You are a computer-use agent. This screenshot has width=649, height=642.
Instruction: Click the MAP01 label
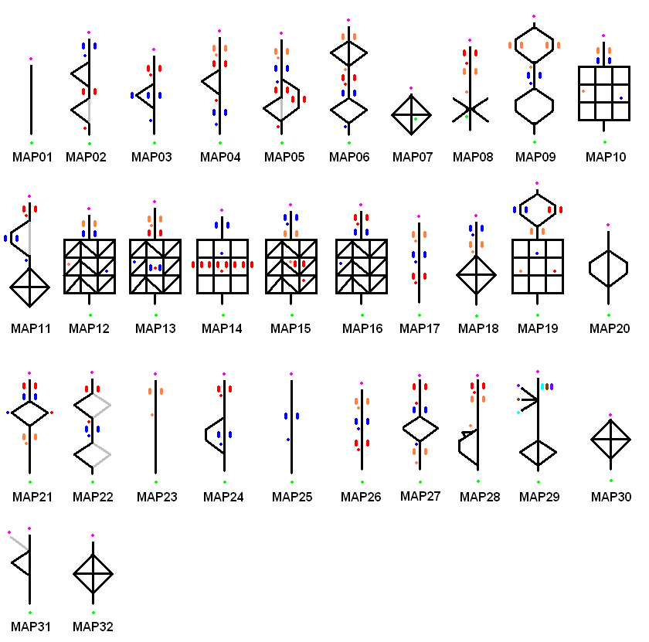click(32, 157)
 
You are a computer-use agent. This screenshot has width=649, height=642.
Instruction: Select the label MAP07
click(412, 157)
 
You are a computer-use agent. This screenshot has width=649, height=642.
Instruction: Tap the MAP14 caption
click(222, 328)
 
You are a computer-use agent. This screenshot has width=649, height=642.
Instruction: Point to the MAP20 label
click(610, 328)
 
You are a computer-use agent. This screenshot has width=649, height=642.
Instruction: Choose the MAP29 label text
click(539, 497)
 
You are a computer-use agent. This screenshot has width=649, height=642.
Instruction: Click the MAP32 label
click(93, 627)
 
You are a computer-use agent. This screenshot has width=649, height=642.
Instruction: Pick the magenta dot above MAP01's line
click(31, 59)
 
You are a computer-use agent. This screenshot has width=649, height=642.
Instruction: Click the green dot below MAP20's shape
click(609, 315)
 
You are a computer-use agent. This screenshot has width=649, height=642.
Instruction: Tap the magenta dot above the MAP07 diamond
click(411, 88)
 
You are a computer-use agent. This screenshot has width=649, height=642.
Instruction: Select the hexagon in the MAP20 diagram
click(609, 269)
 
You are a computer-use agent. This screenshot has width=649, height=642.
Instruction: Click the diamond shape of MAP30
click(611, 440)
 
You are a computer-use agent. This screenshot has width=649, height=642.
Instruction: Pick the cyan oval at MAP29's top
click(542, 386)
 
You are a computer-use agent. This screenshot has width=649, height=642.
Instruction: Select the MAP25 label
click(292, 497)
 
